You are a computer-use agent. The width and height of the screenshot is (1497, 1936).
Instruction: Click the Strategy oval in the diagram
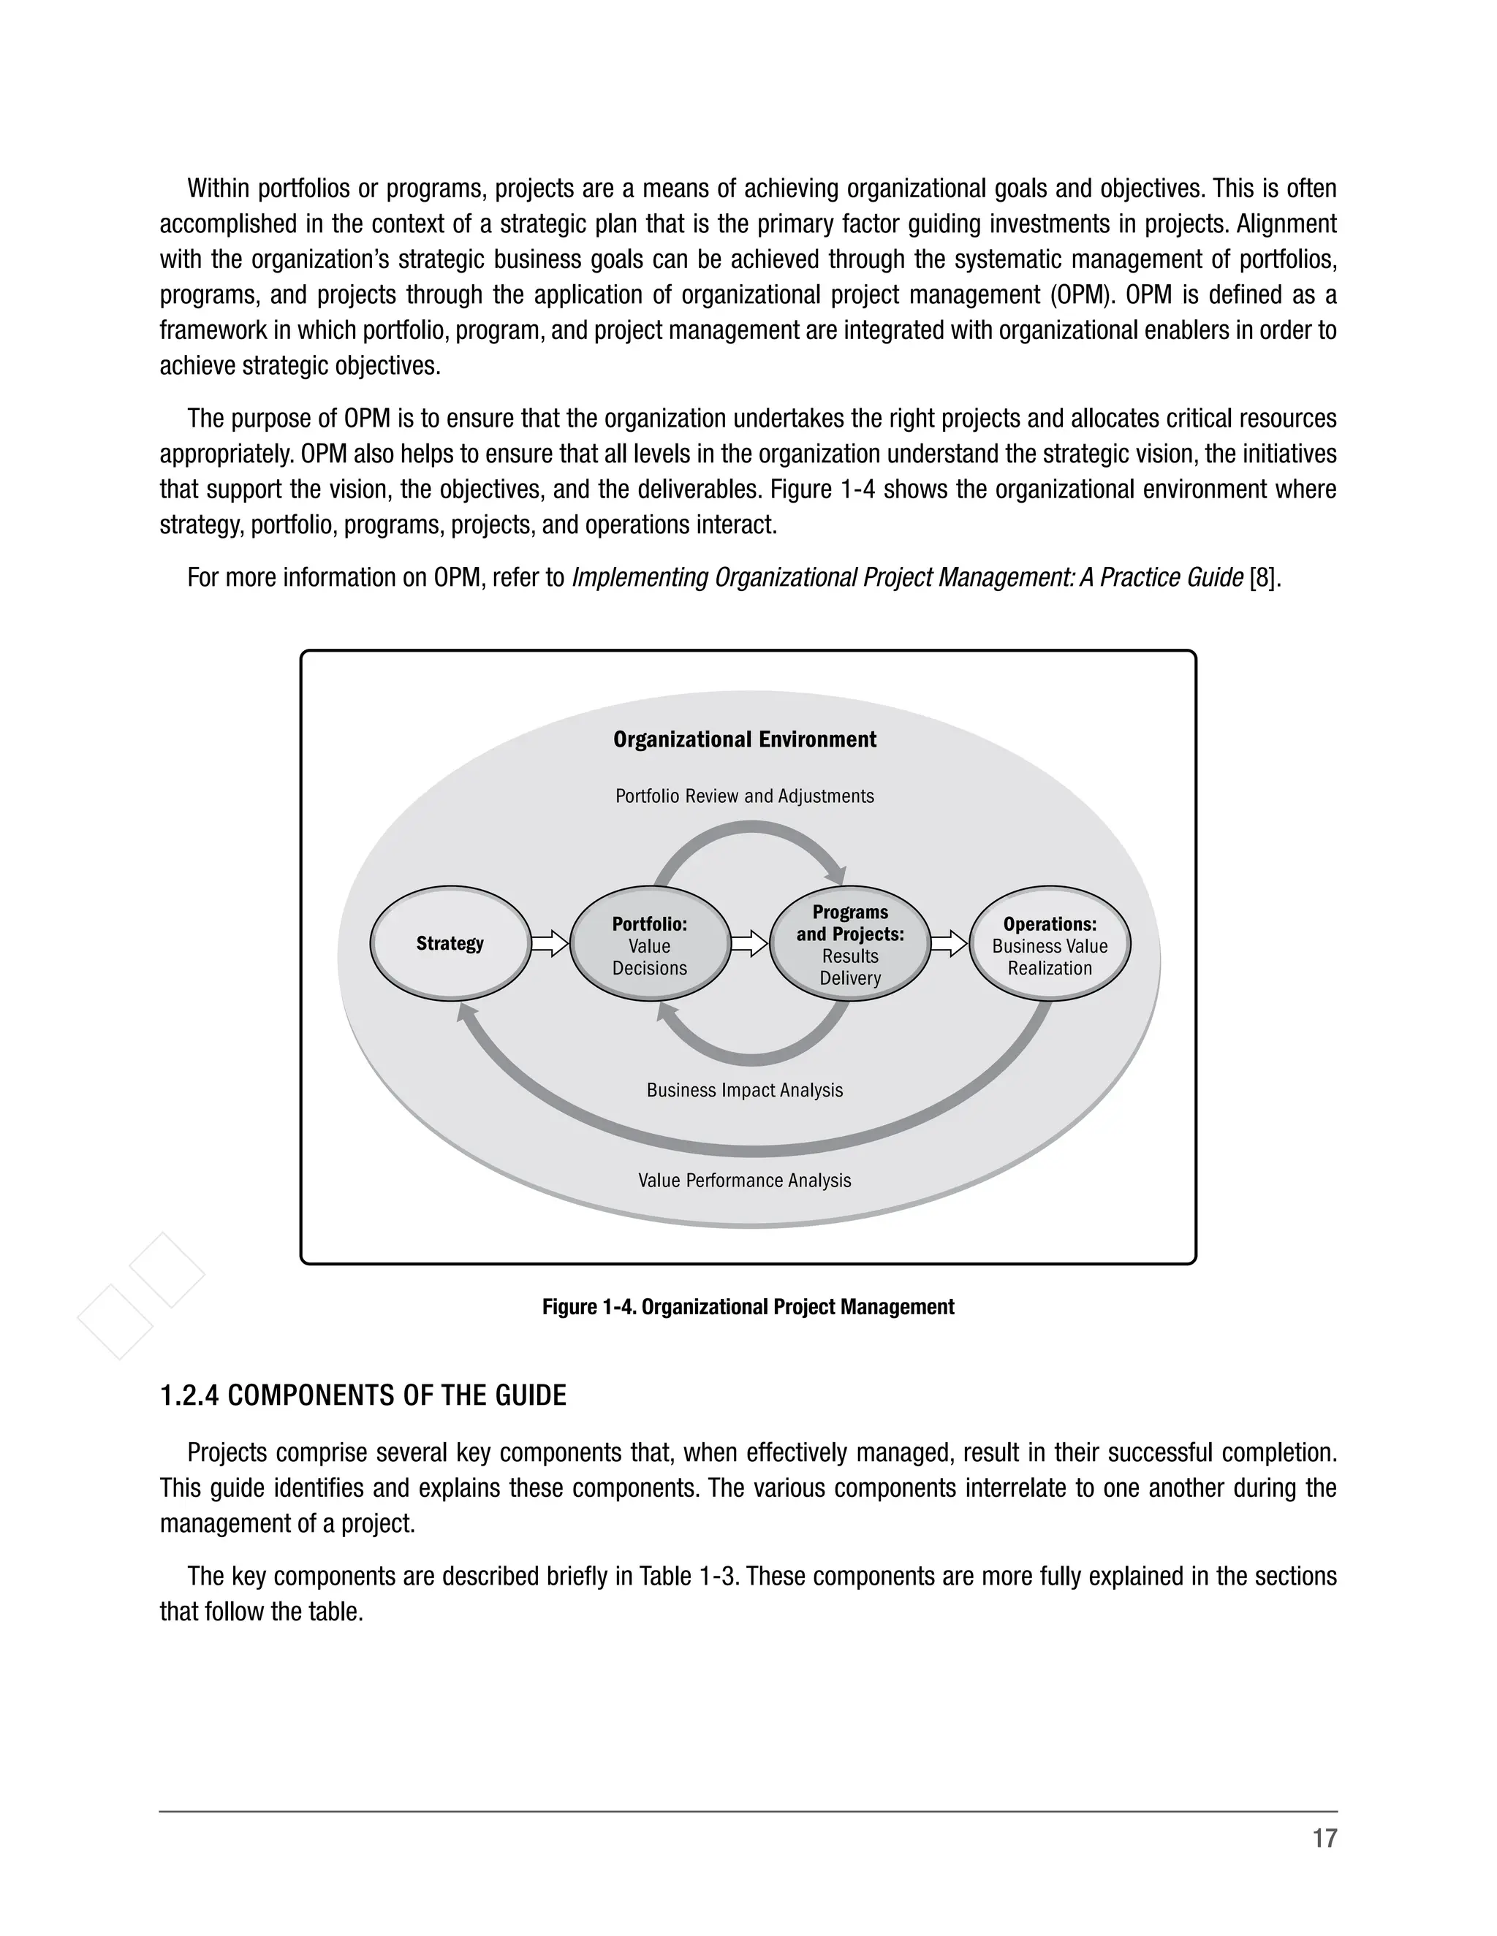pyautogui.click(x=450, y=943)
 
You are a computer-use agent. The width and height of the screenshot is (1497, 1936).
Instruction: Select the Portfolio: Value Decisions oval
pyautogui.click(x=649, y=945)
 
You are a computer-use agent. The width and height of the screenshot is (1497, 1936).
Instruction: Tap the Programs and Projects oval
pyautogui.click(x=849, y=945)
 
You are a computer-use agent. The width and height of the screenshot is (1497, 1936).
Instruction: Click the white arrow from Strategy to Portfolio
pyautogui.click(x=550, y=943)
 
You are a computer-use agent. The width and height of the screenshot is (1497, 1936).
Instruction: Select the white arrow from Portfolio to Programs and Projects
pyautogui.click(x=749, y=943)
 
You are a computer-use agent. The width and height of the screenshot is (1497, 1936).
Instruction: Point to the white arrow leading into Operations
pyautogui.click(x=949, y=943)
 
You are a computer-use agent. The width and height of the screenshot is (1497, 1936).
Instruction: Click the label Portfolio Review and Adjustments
pyautogui.click(x=744, y=796)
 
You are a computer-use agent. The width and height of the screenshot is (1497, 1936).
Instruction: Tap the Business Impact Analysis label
pyautogui.click(x=744, y=1090)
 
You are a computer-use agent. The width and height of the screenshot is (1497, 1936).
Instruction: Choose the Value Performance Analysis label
pyautogui.click(x=744, y=1181)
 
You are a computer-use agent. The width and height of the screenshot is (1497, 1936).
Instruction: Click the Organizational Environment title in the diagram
pyautogui.click(x=744, y=739)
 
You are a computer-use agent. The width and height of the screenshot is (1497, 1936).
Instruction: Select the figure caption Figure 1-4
pyautogui.click(x=748, y=1307)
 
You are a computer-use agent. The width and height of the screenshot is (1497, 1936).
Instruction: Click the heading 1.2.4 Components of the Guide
pyautogui.click(x=363, y=1396)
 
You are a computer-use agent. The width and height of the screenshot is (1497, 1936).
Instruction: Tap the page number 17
pyautogui.click(x=1324, y=1839)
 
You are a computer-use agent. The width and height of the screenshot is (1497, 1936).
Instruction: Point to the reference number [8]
pyautogui.click(x=1264, y=578)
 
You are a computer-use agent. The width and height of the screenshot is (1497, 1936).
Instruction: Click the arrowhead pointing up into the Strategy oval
pyautogui.click(x=466, y=1013)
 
